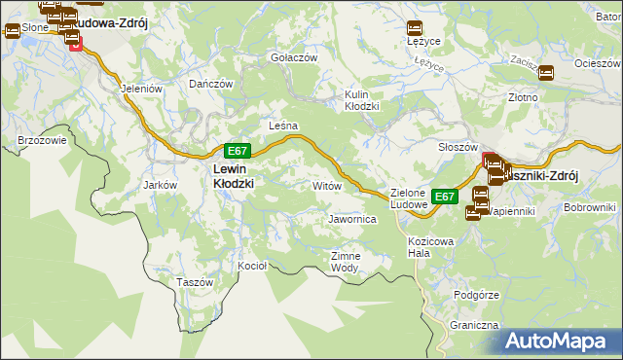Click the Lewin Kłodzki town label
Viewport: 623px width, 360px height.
coord(233,175)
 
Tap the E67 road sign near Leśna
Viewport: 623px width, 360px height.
coord(238,151)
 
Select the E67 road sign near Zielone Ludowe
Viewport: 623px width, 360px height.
coord(445,197)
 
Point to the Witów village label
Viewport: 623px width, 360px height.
coord(325,184)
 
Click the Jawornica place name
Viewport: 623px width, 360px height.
coord(352,220)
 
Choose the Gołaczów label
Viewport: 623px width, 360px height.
coord(294,58)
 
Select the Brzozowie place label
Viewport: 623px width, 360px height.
coord(42,140)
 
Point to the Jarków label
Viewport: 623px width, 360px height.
coord(159,184)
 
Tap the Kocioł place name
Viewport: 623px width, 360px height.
coord(252,266)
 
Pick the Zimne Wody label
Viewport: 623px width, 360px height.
coord(346,262)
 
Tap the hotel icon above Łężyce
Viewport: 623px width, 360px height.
coord(416,27)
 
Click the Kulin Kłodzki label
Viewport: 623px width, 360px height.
coord(361,100)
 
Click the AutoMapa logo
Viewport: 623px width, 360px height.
coord(560,342)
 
